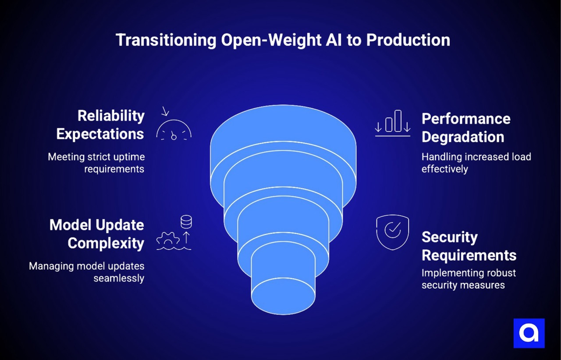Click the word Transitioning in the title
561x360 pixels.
coord(165,40)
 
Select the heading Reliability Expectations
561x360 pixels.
coord(100,125)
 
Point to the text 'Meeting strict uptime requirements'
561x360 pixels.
coord(96,162)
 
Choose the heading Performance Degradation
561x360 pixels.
coord(465,128)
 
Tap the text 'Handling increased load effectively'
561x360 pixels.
coord(476,162)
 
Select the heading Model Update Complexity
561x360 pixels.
coord(96,234)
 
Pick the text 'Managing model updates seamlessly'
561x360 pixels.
coord(86,272)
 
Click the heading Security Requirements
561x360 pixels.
coord(469,246)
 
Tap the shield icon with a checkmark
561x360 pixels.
coord(392,231)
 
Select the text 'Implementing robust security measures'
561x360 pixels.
coord(469,279)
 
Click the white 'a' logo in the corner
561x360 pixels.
coord(529,333)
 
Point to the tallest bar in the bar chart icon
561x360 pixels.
coord(398,121)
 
